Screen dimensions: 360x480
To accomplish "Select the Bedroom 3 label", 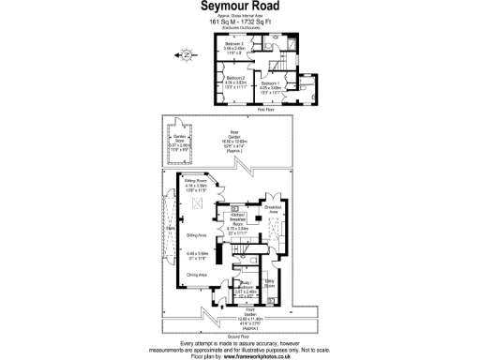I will (x=234, y=43).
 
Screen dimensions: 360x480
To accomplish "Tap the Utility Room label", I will (x=268, y=282).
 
